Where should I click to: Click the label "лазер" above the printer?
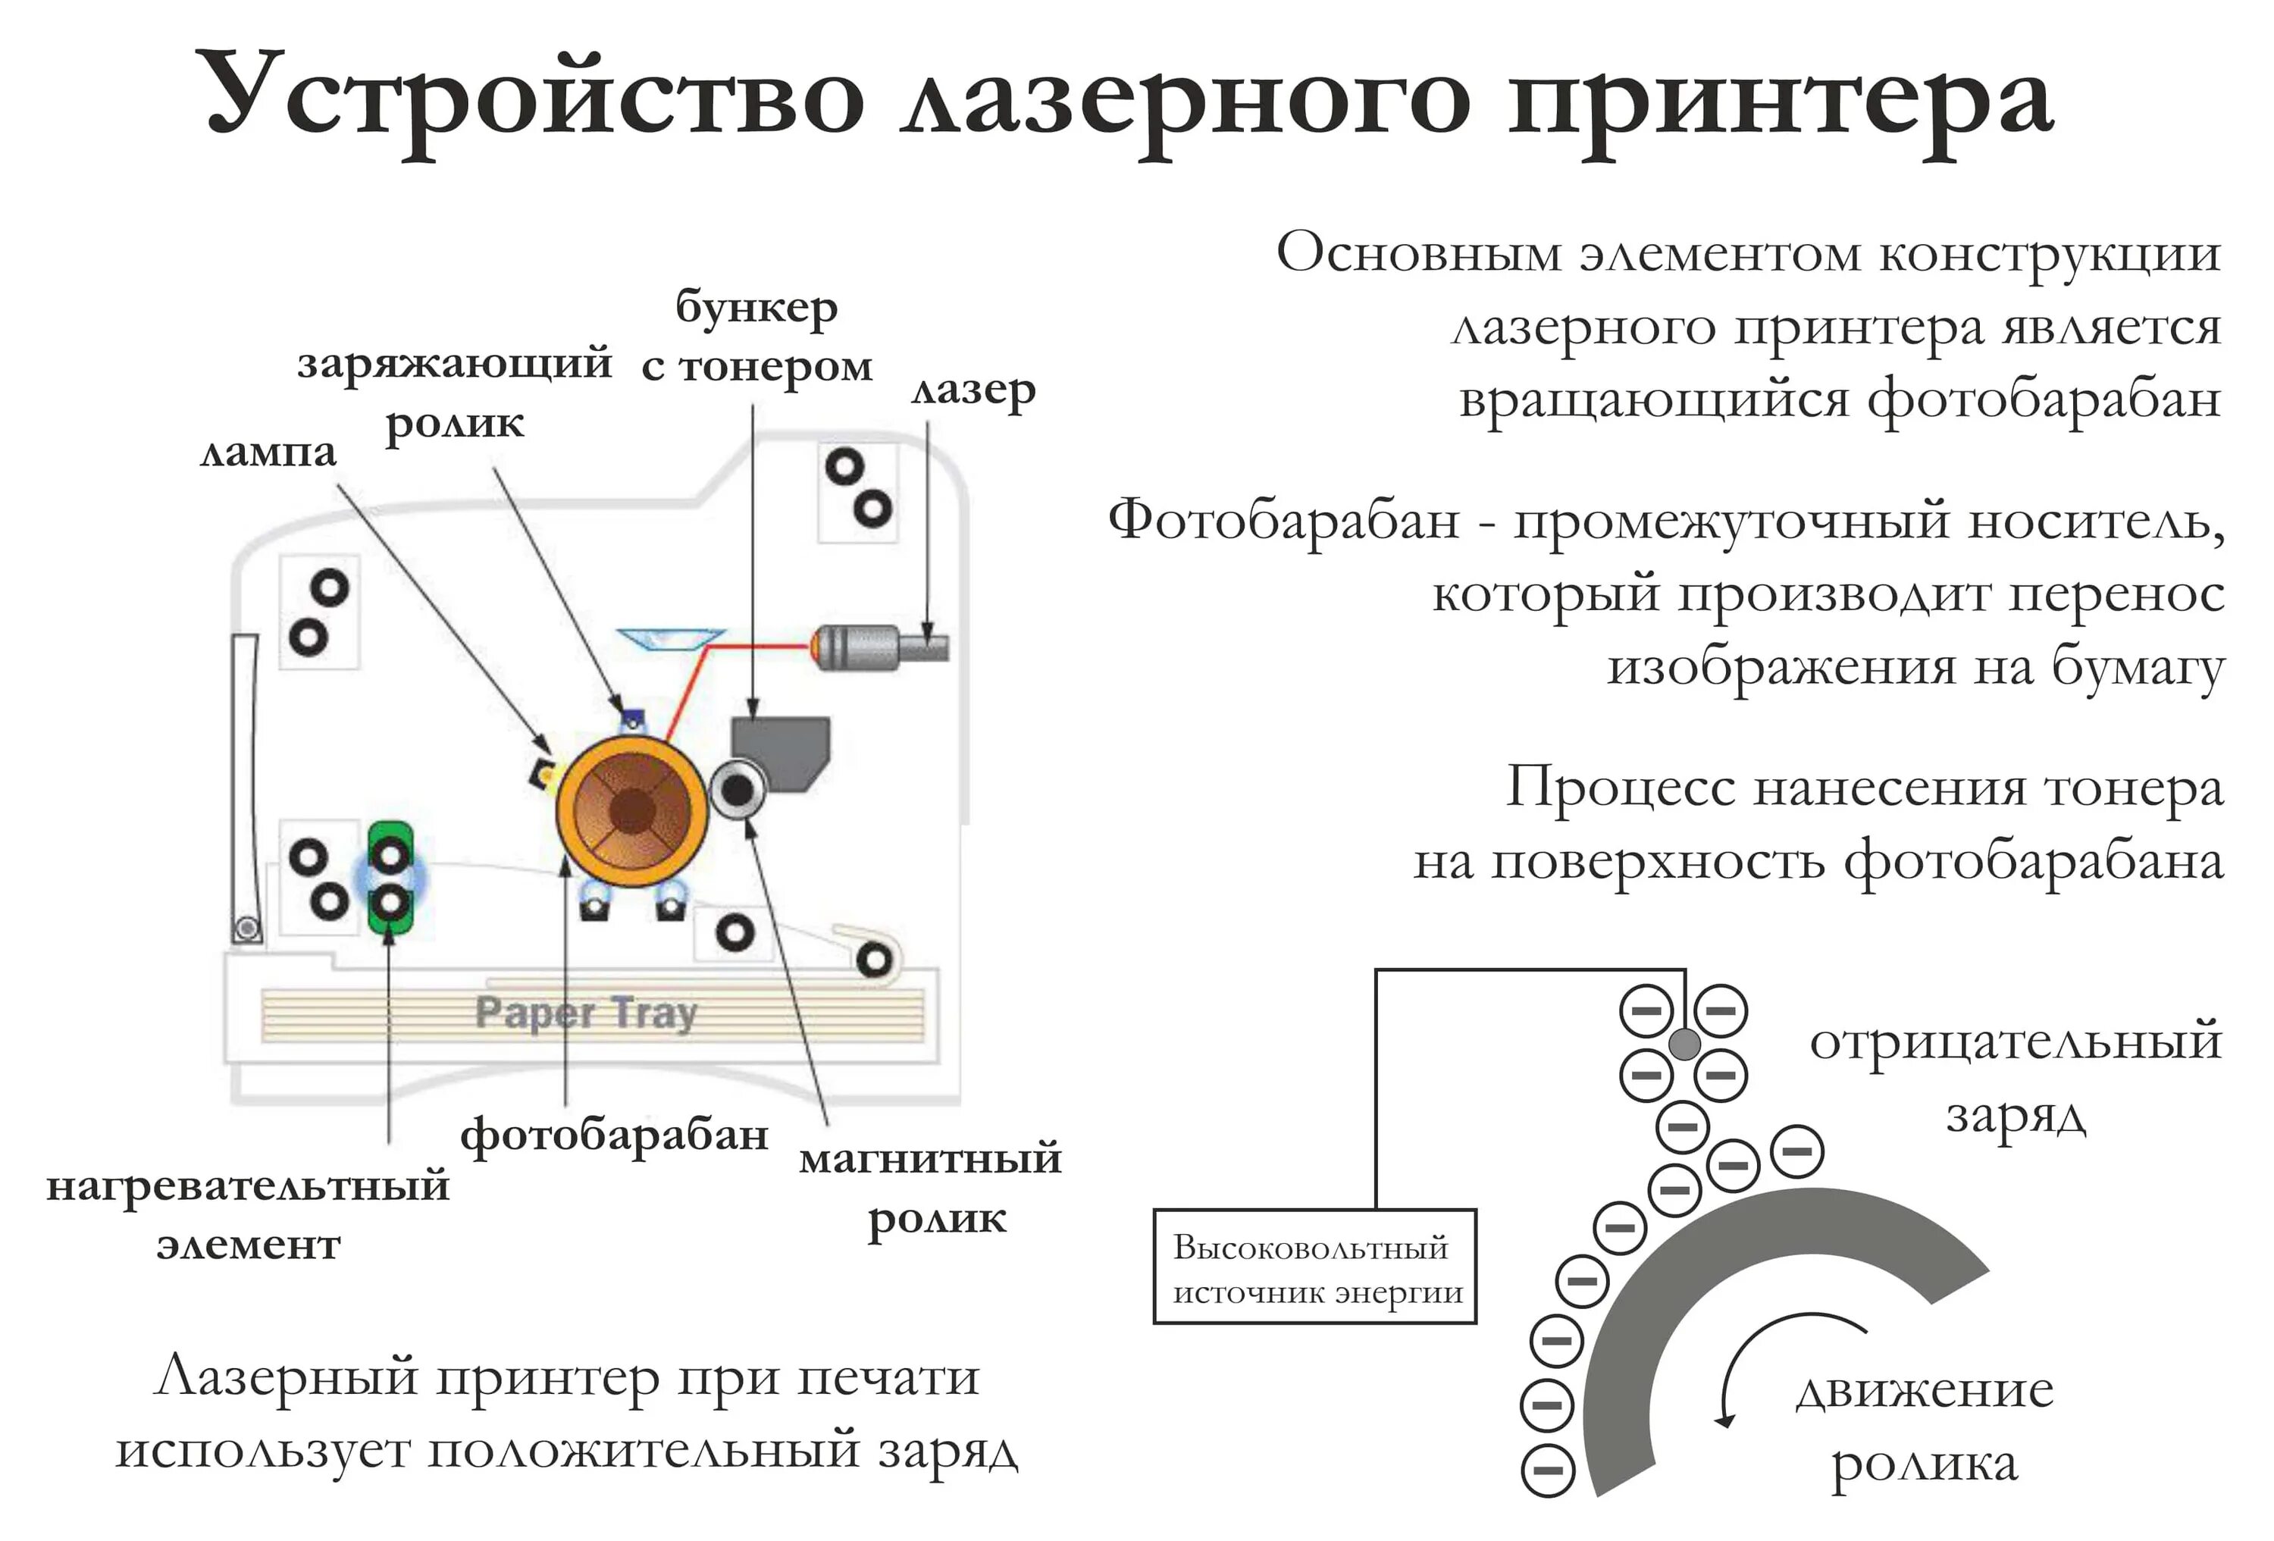pos(973,390)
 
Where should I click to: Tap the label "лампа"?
pos(268,452)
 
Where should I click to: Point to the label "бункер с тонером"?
pos(756,337)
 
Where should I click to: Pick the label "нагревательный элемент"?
pos(249,1214)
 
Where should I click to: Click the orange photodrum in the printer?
pos(631,811)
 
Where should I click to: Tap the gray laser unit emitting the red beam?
pos(875,647)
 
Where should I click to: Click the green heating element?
pos(390,878)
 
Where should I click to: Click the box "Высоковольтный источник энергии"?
pos(1314,1267)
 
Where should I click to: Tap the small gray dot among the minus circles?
pos(1684,1043)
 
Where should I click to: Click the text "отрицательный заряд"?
pos(2016,1077)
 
